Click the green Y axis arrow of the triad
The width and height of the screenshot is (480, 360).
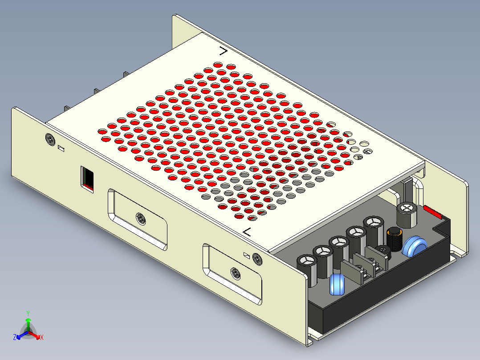(28, 323)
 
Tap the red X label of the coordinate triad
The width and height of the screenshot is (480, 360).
(41, 338)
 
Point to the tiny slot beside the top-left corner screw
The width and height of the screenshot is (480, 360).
(62, 148)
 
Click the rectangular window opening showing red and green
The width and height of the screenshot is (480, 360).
(88, 178)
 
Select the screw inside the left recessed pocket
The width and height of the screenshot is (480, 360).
(141, 218)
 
